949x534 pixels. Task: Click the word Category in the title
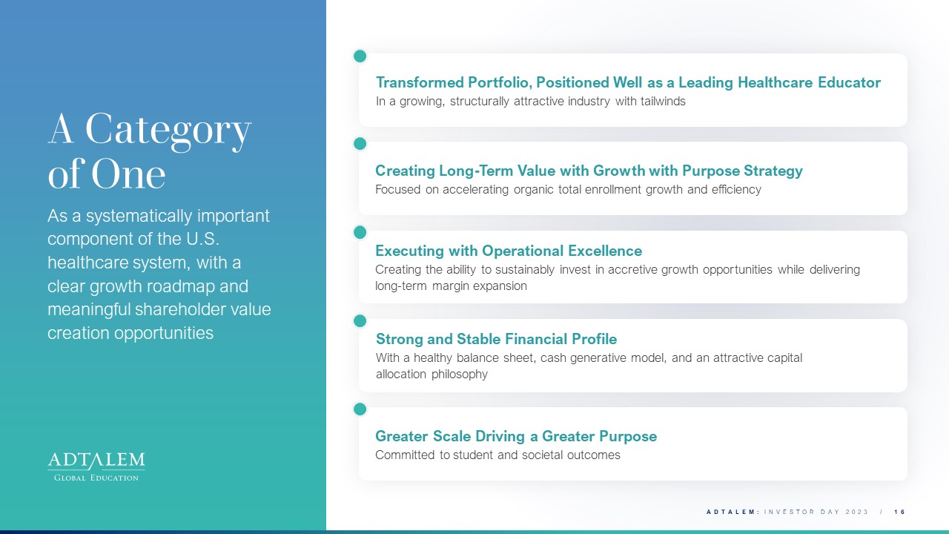click(x=168, y=131)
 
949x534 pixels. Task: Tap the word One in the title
click(x=128, y=174)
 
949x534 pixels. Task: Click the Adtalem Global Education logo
click(x=96, y=467)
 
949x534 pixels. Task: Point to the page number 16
click(x=900, y=512)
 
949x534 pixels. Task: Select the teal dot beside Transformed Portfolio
click(x=360, y=56)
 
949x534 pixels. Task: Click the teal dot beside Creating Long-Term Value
click(x=360, y=144)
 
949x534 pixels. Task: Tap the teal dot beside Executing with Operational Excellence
click(x=360, y=232)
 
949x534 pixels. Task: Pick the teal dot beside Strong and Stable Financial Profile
click(x=360, y=321)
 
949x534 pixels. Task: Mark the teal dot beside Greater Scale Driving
click(x=360, y=409)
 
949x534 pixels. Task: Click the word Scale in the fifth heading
click(x=452, y=436)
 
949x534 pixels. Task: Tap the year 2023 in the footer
click(x=857, y=512)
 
